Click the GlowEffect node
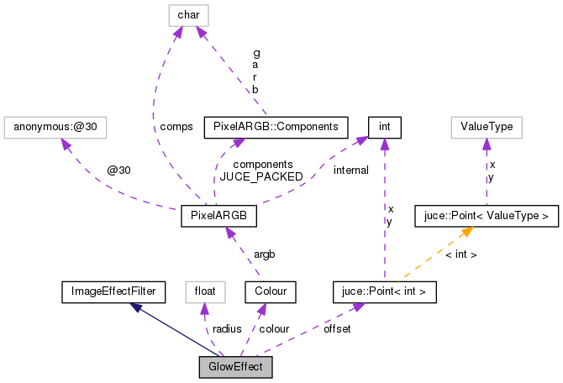point(235,367)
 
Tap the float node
point(206,292)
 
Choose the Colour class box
point(266,292)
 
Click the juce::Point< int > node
point(385,292)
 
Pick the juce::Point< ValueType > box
point(487,217)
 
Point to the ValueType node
point(487,127)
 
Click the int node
point(384,127)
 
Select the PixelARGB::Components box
point(276,127)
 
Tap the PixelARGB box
point(218,217)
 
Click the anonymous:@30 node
point(56,127)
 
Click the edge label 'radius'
point(227,329)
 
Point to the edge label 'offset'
point(337,329)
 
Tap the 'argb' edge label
point(263,254)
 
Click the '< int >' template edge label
point(461,254)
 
